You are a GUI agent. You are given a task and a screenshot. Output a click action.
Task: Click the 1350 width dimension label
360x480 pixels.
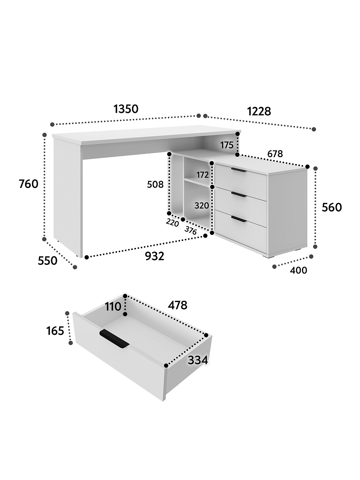pyautogui.click(x=126, y=109)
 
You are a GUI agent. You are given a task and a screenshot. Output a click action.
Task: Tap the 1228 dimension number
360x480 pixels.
pyautogui.click(x=259, y=111)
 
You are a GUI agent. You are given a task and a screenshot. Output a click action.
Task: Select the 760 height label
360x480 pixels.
pyautogui.click(x=29, y=184)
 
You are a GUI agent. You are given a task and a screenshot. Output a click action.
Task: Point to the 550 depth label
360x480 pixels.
pyautogui.click(x=48, y=261)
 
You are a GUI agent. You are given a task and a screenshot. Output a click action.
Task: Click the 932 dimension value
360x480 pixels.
pyautogui.click(x=155, y=256)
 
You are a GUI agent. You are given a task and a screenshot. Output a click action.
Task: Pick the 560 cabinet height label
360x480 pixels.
pyautogui.click(x=332, y=207)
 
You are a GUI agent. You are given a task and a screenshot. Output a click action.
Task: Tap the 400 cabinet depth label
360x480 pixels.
pyautogui.click(x=298, y=270)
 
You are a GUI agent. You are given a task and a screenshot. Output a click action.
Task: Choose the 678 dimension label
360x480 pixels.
pyautogui.click(x=275, y=154)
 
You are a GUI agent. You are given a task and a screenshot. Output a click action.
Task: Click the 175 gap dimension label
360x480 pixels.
pyautogui.click(x=227, y=145)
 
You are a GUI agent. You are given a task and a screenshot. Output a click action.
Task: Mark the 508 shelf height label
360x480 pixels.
pyautogui.click(x=155, y=184)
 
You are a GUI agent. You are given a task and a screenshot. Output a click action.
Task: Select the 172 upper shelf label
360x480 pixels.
pyautogui.click(x=203, y=175)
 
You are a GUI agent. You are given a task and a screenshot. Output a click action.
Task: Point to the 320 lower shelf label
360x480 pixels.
pyautogui.click(x=202, y=206)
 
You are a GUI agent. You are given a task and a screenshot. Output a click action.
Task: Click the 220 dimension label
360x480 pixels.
pyautogui.click(x=172, y=223)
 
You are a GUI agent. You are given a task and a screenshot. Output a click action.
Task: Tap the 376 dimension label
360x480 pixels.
pyautogui.click(x=191, y=230)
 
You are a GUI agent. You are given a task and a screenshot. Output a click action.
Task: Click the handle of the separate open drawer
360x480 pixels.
pyautogui.click(x=114, y=342)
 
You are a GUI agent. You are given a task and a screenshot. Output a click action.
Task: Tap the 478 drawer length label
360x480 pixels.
pyautogui.click(x=178, y=305)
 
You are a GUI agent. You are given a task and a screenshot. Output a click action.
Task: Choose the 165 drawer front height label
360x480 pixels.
pyautogui.click(x=55, y=331)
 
